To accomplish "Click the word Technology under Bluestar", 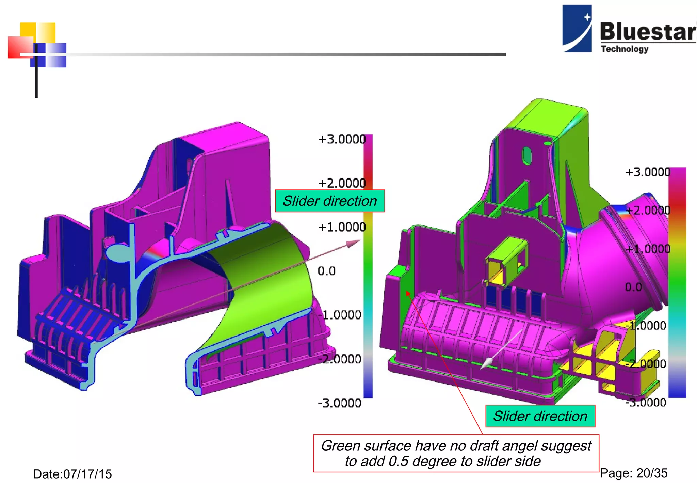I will (x=625, y=49).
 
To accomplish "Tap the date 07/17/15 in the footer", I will (x=72, y=474).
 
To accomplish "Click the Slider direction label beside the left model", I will (x=330, y=201).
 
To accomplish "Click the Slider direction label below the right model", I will (x=540, y=416).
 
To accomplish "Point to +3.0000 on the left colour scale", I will (x=342, y=139).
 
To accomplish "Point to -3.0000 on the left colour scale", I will (x=340, y=403).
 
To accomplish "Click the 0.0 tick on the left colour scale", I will (x=327, y=271).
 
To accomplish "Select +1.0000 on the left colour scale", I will (x=342, y=227).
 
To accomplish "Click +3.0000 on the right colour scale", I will (x=648, y=172).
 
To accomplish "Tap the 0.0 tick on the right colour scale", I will (x=633, y=287).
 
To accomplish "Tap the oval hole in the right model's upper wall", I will (x=526, y=155).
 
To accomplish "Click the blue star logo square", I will (x=577, y=28).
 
